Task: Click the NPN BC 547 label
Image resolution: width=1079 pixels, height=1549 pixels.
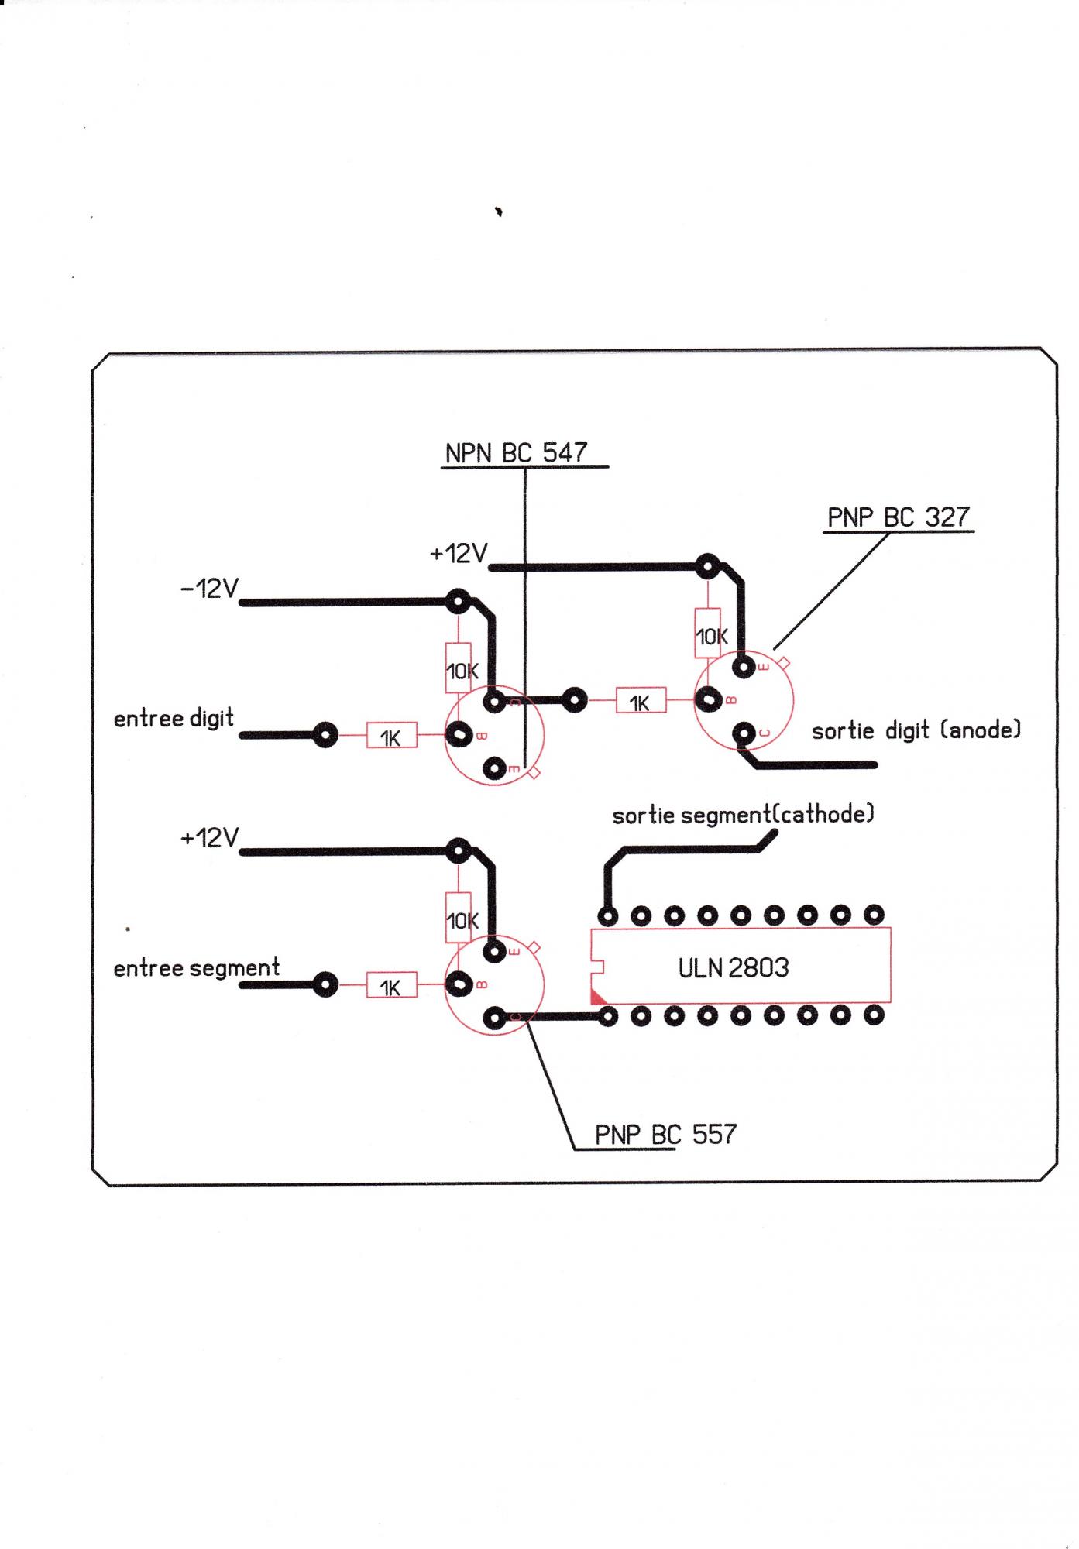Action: (x=516, y=453)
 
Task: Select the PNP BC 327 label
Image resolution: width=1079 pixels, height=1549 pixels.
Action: (x=898, y=517)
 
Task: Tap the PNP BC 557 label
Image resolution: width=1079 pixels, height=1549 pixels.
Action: (x=665, y=1135)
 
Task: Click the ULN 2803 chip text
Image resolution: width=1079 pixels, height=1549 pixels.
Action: (x=734, y=967)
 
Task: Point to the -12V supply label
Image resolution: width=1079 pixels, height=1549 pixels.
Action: (x=209, y=589)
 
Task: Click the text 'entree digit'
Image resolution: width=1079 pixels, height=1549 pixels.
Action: (x=174, y=719)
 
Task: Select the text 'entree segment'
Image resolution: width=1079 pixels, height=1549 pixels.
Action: (x=197, y=968)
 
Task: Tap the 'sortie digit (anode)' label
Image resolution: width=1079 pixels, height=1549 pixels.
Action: (x=916, y=730)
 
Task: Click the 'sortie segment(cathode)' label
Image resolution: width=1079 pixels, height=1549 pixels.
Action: (x=743, y=815)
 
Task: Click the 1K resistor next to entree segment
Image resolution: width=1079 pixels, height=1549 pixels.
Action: (x=391, y=986)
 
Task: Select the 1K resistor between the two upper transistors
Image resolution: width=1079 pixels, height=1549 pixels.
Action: (x=641, y=702)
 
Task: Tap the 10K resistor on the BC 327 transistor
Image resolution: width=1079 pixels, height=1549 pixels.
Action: (x=709, y=637)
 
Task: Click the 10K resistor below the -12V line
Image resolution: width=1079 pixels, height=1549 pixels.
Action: (x=459, y=670)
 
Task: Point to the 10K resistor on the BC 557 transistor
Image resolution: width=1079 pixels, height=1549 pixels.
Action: (x=459, y=920)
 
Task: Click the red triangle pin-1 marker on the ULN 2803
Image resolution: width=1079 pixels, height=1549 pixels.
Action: (x=597, y=998)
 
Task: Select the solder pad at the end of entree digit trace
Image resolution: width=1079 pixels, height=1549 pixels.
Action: (x=325, y=735)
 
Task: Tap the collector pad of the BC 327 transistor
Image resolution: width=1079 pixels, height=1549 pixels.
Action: (x=744, y=733)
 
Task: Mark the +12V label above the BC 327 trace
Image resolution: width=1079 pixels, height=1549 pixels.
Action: (x=459, y=554)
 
